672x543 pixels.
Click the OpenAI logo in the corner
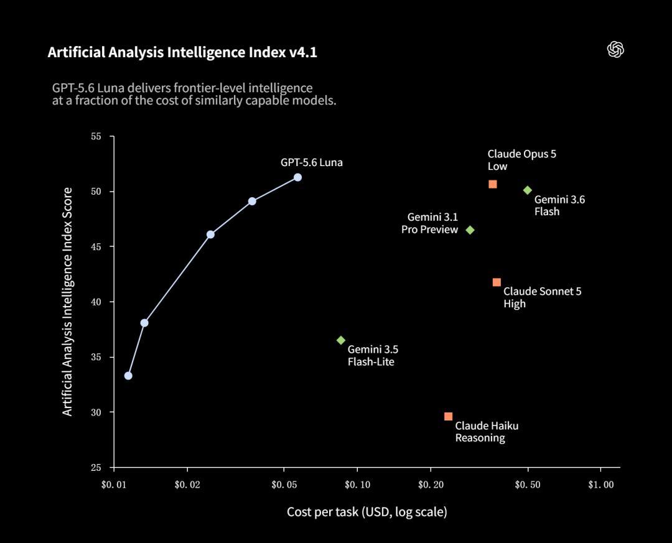point(615,50)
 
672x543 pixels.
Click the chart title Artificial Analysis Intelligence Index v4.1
point(182,52)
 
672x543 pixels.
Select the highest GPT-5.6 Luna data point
point(297,177)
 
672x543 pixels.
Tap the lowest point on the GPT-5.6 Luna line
point(128,376)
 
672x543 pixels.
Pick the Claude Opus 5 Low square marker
point(493,184)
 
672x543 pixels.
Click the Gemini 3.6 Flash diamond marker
point(528,190)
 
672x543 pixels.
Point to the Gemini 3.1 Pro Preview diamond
point(470,230)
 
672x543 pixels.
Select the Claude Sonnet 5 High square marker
point(497,282)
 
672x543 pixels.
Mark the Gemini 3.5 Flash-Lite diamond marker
point(341,340)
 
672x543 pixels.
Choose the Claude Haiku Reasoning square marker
point(448,416)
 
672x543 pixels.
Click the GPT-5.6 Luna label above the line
point(312,163)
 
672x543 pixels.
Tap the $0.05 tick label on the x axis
point(284,485)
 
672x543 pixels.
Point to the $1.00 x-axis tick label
point(601,485)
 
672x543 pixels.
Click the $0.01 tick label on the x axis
point(114,485)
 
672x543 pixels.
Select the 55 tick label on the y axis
point(96,136)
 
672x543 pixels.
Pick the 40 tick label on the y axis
point(96,302)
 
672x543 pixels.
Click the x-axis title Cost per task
point(367,512)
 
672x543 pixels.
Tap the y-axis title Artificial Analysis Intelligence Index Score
point(68,302)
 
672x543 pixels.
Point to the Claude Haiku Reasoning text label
point(487,432)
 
